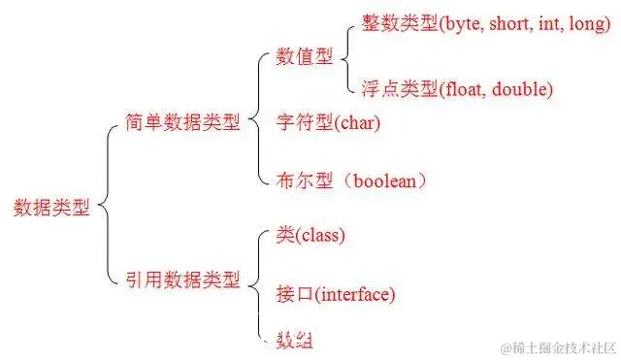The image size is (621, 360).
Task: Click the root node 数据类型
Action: (51, 207)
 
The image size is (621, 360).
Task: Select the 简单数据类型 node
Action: (182, 123)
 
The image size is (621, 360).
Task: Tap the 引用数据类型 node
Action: (182, 279)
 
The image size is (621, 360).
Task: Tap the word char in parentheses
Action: (356, 124)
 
